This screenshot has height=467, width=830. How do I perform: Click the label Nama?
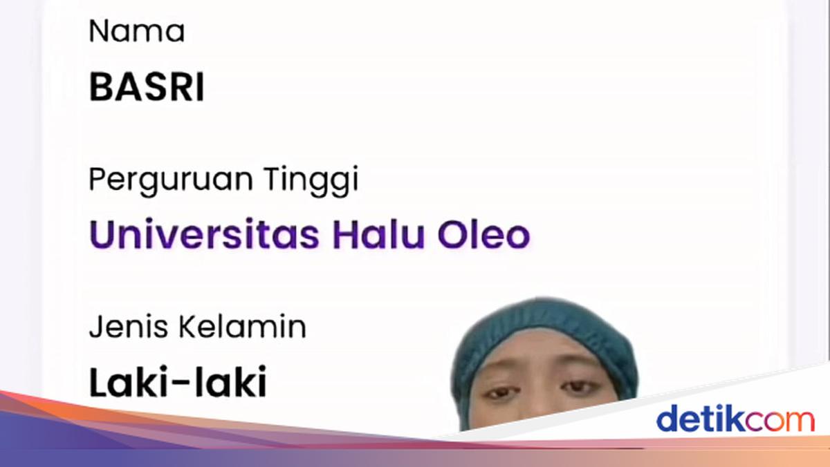click(x=136, y=32)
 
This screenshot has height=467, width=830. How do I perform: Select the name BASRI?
click(x=147, y=88)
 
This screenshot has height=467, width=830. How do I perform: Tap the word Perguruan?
click(x=169, y=180)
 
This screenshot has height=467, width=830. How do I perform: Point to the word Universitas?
click(x=204, y=235)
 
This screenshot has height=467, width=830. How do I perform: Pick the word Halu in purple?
click(x=378, y=235)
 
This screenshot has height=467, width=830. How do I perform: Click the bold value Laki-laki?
click(x=178, y=383)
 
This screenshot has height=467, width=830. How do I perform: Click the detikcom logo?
click(x=735, y=419)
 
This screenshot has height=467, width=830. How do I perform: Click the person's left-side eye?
click(x=499, y=393)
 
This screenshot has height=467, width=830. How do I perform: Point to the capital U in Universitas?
click(x=103, y=235)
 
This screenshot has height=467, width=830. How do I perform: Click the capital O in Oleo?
click(x=450, y=235)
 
